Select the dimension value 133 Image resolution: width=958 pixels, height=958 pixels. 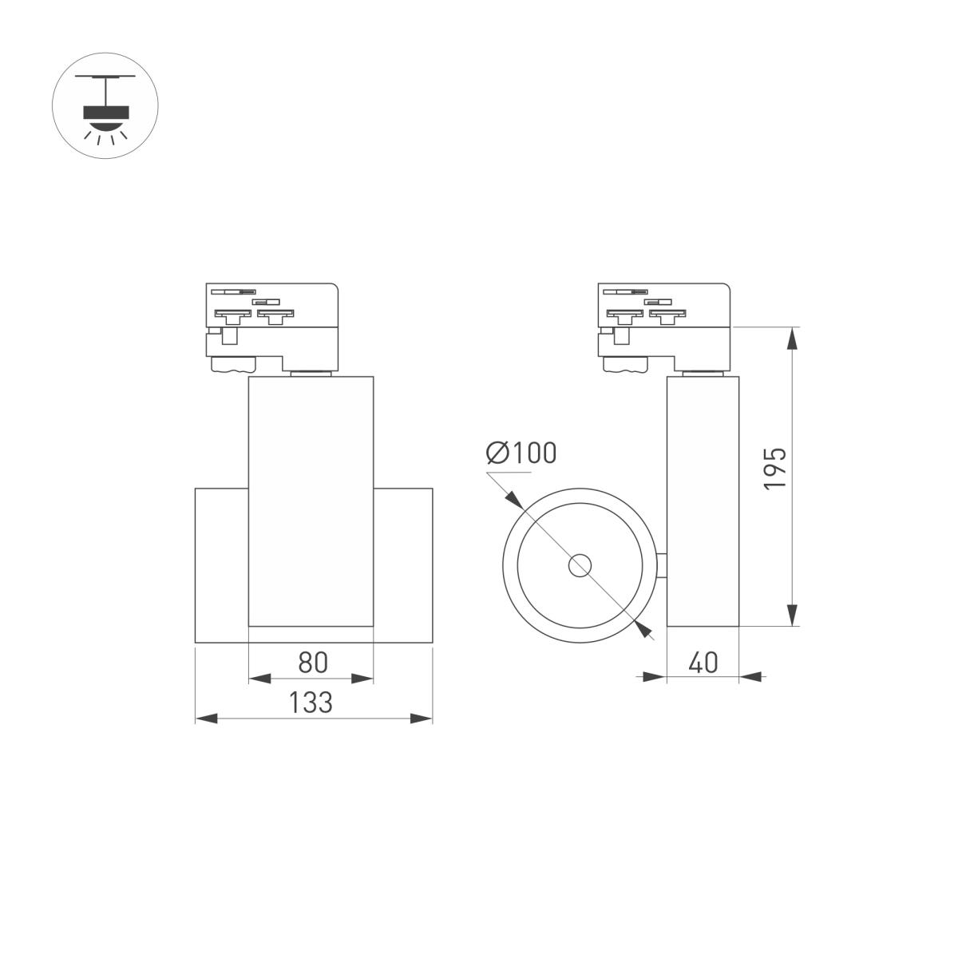pyautogui.click(x=311, y=703)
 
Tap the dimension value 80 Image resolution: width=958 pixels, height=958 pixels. pyautogui.click(x=313, y=663)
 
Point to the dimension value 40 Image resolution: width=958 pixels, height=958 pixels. pyautogui.click(x=703, y=663)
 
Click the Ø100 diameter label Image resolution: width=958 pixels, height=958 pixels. pyautogui.click(x=521, y=453)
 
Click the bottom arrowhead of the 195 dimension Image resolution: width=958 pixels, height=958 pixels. pyautogui.click(x=791, y=615)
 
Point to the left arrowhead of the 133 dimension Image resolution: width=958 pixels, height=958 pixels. pyautogui.click(x=207, y=718)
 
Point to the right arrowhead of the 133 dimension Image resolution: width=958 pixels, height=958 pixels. pyautogui.click(x=422, y=718)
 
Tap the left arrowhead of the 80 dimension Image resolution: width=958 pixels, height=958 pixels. pyautogui.click(x=259, y=679)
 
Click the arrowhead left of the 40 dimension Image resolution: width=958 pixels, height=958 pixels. pyautogui.click(x=655, y=677)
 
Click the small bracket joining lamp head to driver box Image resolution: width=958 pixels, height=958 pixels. pyautogui.click(x=663, y=565)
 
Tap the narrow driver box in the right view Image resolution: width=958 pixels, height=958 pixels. pyautogui.click(x=703, y=501)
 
